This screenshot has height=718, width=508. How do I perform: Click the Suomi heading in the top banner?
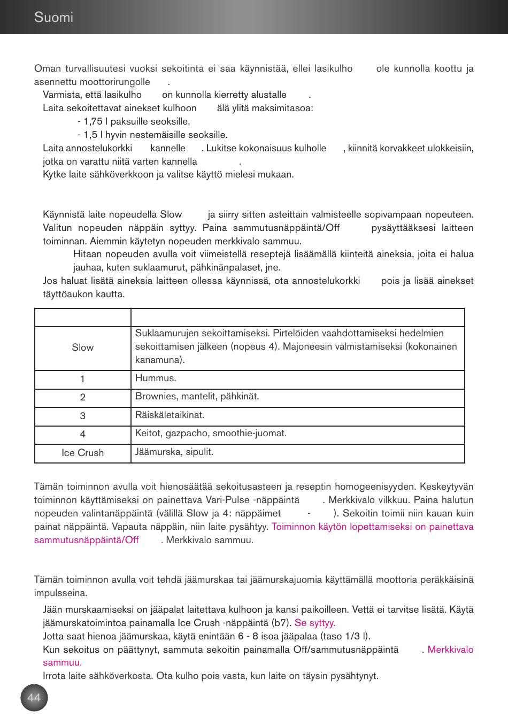point(53,17)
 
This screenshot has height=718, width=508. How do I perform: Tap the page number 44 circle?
point(34,698)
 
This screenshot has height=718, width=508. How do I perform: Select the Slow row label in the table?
point(82,348)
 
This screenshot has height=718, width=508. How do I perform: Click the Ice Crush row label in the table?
point(82,453)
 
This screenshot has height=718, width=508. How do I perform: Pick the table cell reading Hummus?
point(156,378)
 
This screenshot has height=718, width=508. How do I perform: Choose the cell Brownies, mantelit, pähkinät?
point(197,397)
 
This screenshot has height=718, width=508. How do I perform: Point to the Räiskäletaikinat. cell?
point(170,415)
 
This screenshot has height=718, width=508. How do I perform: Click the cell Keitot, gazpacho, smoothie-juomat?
point(211,433)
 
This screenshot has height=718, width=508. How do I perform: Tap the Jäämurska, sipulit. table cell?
point(174,452)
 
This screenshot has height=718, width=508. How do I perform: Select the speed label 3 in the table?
point(82,416)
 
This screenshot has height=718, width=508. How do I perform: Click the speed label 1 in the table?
point(82,379)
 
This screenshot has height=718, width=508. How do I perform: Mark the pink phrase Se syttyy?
point(315,623)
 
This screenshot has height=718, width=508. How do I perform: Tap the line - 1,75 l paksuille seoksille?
point(134,121)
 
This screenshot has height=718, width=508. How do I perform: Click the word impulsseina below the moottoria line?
point(60,593)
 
